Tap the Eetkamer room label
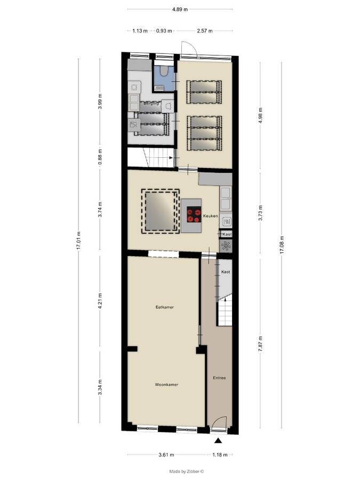click(165, 307)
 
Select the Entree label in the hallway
click(219, 378)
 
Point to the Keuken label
click(210, 216)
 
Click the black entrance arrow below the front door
click(218, 441)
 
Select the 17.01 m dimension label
click(79, 241)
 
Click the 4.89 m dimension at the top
click(180, 10)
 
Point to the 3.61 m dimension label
click(167, 455)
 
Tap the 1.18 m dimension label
click(220, 455)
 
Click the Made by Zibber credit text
click(187, 471)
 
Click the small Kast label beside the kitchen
click(226, 234)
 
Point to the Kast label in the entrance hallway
click(226, 272)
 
